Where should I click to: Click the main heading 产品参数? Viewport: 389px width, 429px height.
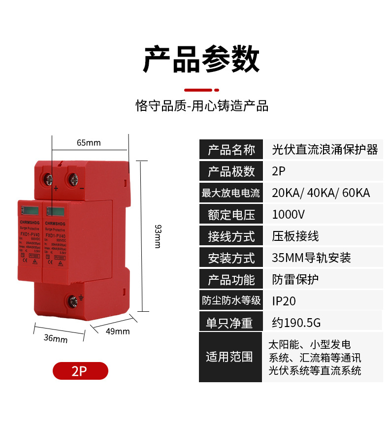(201, 60)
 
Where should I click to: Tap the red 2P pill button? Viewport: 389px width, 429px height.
(80, 371)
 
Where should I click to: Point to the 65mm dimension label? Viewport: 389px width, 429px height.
(89, 143)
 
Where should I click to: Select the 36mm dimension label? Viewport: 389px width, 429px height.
(56, 338)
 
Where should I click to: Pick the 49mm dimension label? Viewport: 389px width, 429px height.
(118, 331)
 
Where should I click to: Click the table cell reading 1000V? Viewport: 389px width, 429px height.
(289, 214)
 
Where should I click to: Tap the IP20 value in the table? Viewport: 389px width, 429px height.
(284, 300)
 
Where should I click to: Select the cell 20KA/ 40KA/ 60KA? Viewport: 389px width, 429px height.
(321, 193)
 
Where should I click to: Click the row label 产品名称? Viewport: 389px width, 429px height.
(231, 149)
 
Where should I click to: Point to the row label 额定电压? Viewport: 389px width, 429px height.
(231, 214)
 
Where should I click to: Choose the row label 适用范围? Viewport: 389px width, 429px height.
(229, 357)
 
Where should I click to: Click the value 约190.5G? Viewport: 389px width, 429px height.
(296, 323)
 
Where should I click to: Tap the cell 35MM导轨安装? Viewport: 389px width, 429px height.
(311, 258)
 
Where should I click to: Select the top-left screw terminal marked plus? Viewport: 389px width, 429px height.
(48, 179)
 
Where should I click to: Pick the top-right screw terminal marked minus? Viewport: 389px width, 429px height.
(74, 179)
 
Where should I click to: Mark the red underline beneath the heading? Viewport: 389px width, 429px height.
(201, 90)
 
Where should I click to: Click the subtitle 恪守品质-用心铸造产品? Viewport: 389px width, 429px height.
(201, 106)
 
